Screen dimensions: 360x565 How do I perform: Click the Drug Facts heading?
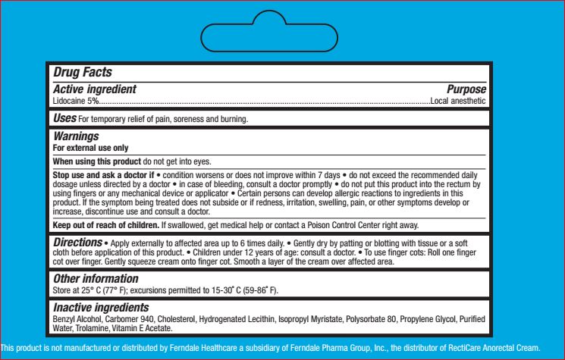point(83,73)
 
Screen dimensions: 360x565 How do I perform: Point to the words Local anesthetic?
point(458,100)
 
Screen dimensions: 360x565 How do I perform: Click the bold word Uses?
point(64,119)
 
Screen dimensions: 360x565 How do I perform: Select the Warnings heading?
point(76,136)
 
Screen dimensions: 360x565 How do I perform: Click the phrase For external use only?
point(90,148)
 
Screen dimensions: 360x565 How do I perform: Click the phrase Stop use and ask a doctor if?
point(102,176)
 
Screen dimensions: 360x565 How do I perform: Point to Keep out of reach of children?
point(105,226)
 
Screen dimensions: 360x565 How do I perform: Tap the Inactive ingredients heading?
point(100,308)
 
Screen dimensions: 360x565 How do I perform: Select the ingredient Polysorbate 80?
point(367,320)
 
